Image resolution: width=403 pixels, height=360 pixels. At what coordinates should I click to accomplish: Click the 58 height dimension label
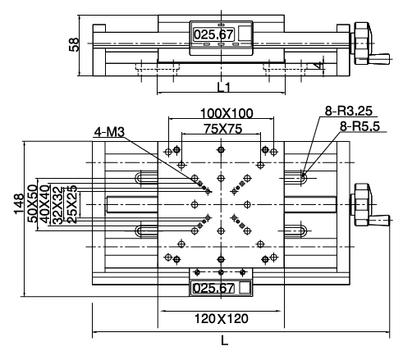pos(74,44)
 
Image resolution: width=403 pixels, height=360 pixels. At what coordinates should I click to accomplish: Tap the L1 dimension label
pos(224,88)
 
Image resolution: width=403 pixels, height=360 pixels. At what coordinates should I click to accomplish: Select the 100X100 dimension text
pos(227,113)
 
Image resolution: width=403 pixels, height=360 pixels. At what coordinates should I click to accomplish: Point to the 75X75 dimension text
pos(223,129)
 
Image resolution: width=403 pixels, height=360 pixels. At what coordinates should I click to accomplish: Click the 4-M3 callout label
pos(109,132)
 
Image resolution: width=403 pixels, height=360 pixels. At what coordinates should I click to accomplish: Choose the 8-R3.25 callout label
pos(349,111)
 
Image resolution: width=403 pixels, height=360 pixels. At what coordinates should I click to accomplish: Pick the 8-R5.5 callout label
pos(359,126)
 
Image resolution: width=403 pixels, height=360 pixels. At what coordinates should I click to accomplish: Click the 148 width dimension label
pos(19,204)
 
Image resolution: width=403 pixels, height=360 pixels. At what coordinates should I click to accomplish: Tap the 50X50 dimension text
pos(33,203)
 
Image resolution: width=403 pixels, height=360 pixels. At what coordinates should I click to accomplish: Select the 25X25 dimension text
pos(72,204)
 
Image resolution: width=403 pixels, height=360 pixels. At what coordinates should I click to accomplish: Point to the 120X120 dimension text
pos(222,319)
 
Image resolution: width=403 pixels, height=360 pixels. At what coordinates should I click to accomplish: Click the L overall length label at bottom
pos(225,341)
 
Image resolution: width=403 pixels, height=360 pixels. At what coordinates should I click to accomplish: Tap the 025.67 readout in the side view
pos(214,34)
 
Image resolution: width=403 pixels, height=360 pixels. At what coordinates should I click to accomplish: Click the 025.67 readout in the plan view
pos(213,288)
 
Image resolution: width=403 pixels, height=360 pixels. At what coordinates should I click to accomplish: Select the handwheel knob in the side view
pos(363,43)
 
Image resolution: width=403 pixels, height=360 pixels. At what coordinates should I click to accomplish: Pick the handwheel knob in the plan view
pos(363,204)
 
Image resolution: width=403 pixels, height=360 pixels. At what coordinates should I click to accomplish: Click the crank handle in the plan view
pos(379,220)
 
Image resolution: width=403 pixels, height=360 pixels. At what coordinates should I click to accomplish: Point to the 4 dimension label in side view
pos(318,65)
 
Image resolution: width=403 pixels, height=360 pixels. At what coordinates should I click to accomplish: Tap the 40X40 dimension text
pos(45,204)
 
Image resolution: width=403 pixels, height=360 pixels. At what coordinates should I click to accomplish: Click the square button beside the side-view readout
pos(245,34)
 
